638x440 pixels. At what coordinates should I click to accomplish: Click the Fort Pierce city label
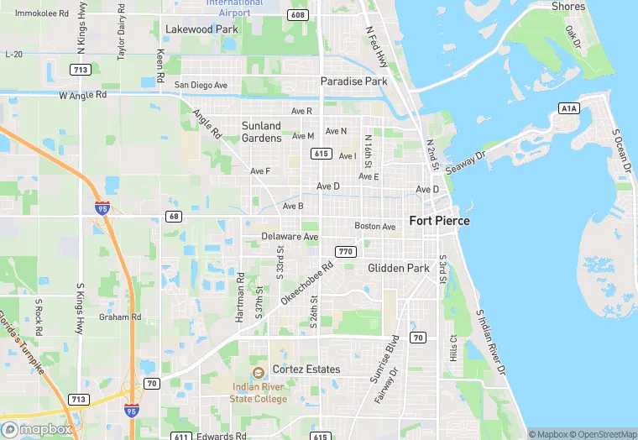[439, 221]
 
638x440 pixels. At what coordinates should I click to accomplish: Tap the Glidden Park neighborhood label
[398, 269]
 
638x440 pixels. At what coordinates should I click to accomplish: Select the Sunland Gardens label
[261, 132]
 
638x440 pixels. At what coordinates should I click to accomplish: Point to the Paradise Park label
[353, 81]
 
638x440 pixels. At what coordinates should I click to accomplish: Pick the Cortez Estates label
[306, 369]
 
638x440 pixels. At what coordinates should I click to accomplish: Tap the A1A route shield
[568, 109]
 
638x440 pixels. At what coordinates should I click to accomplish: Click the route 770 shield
[345, 252]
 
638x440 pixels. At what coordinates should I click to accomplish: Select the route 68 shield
[174, 217]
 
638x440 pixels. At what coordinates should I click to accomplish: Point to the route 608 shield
[296, 15]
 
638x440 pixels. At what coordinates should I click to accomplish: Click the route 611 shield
[180, 437]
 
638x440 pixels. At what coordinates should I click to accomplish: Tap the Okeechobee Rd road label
[307, 281]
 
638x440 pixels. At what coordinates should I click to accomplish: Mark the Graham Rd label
[119, 317]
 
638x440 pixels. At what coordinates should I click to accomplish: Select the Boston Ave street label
[374, 227]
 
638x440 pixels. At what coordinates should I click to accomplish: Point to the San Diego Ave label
[201, 86]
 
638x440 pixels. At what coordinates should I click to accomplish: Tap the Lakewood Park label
[201, 29]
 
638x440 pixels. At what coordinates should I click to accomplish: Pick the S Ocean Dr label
[622, 151]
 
